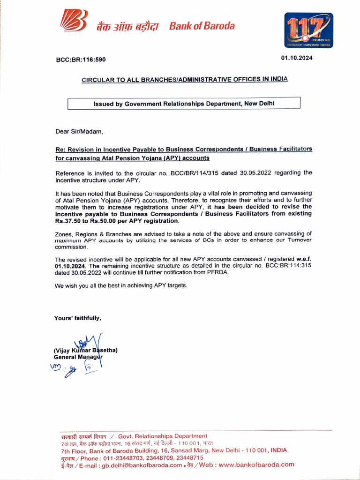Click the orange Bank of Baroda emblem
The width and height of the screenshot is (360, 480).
(73, 22)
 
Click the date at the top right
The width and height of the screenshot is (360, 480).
(297, 58)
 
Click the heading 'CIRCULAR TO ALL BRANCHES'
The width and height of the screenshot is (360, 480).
(185, 80)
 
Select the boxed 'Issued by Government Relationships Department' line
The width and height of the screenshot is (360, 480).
(184, 104)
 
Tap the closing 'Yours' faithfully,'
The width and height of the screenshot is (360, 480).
(78, 318)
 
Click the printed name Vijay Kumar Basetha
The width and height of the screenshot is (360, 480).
(85, 350)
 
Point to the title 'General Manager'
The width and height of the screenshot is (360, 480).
(78, 357)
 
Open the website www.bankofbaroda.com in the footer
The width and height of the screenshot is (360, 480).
(256, 465)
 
